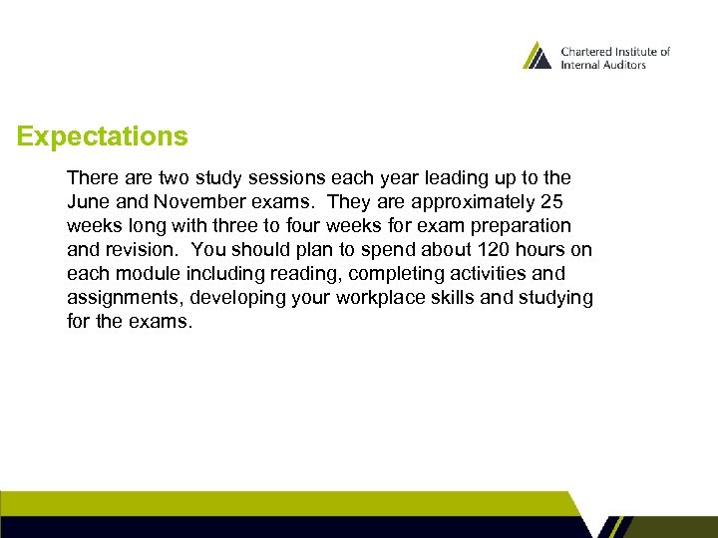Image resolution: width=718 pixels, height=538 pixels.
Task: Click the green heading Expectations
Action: click(x=102, y=136)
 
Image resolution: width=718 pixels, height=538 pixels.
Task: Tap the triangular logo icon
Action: click(x=537, y=56)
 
